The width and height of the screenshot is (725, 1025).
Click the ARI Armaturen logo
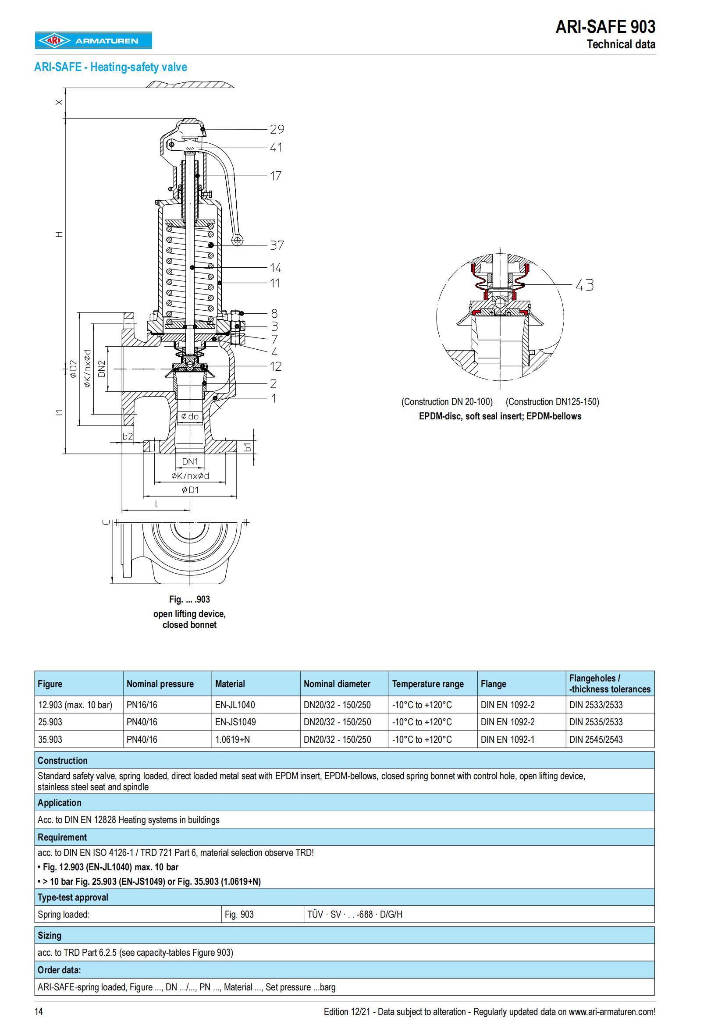[94, 41]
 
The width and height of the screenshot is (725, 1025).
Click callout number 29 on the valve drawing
[277, 129]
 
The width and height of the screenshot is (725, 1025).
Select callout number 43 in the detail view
[584, 285]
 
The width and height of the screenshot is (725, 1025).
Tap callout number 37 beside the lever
[277, 245]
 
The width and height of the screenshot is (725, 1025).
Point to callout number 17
[275, 176]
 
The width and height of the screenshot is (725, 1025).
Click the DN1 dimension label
[190, 461]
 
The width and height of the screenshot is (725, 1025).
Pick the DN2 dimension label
[102, 369]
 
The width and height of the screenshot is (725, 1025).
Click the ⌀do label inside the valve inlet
[189, 416]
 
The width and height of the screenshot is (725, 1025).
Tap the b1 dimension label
[248, 446]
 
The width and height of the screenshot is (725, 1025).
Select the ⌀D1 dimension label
[190, 490]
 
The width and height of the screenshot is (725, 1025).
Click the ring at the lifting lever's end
[238, 240]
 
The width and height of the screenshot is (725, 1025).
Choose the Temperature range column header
[428, 684]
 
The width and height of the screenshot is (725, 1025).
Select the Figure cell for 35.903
[50, 739]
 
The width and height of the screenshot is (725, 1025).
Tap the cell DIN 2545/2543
[596, 739]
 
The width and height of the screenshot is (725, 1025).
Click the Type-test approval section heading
[73, 897]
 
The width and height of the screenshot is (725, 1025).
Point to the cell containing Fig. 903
[239, 914]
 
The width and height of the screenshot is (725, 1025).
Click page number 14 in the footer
[39, 1011]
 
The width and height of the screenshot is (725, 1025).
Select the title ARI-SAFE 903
[605, 28]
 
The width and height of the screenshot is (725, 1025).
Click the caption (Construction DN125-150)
[552, 401]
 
